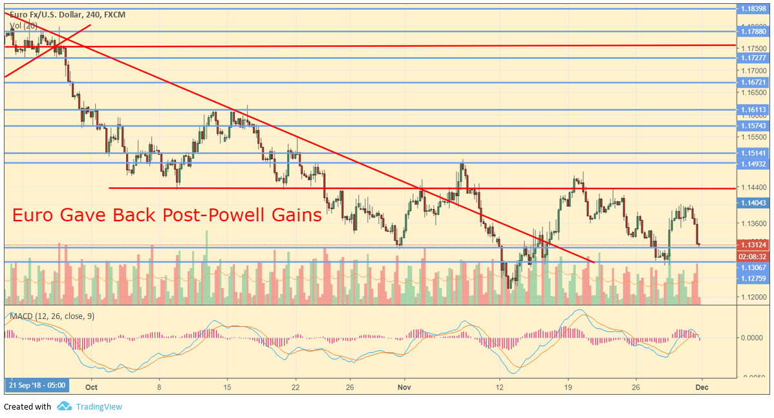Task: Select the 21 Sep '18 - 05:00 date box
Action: pos(37,386)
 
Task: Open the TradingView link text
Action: pos(98,407)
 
